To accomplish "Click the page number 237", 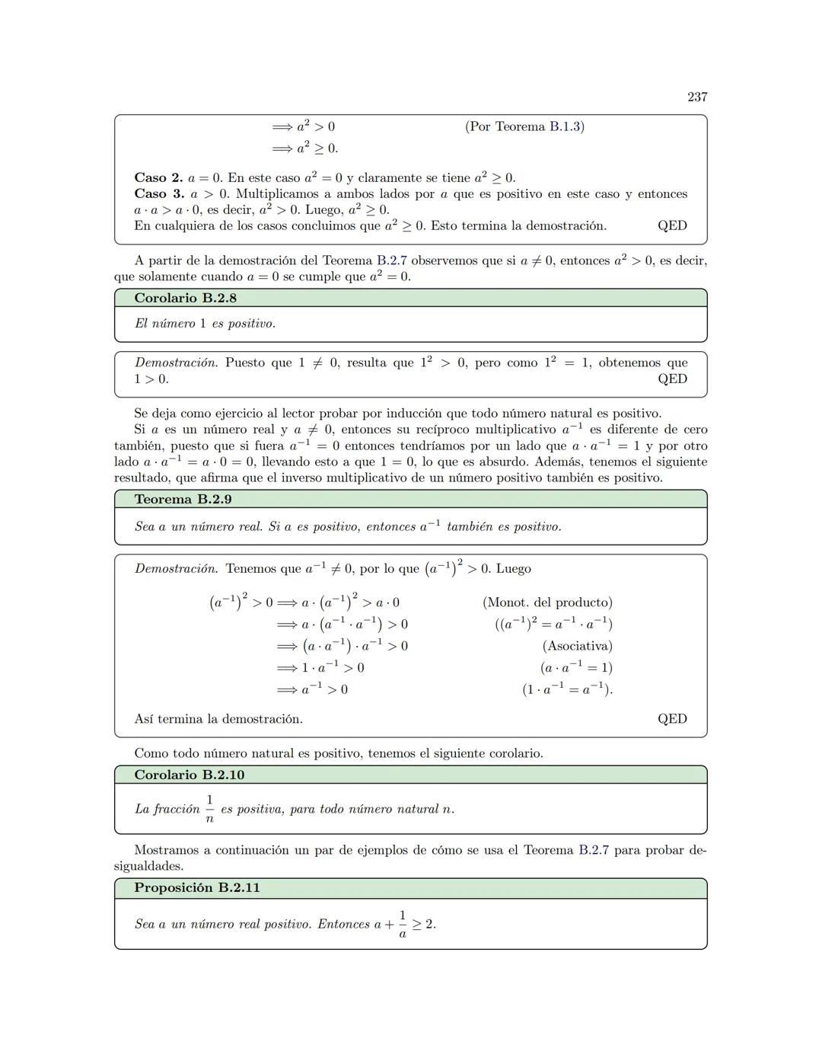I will (697, 97).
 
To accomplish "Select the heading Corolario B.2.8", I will (185, 298).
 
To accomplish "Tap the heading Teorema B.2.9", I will (183, 500).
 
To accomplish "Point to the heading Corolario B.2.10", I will (189, 775).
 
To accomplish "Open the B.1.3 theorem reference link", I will (565, 126).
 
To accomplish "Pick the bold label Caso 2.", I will (158, 178).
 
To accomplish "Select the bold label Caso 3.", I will (158, 194).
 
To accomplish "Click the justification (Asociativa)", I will (577, 646).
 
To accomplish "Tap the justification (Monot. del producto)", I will (547, 602).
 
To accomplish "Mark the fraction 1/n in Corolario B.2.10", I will (209, 809).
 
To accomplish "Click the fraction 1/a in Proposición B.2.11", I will (403, 924).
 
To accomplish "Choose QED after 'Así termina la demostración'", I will (672, 719).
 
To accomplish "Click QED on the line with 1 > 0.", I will (672, 379).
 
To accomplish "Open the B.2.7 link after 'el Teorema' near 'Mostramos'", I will (593, 850).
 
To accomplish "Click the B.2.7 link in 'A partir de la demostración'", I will (391, 260).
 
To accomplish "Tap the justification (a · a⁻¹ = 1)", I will (576, 668).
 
